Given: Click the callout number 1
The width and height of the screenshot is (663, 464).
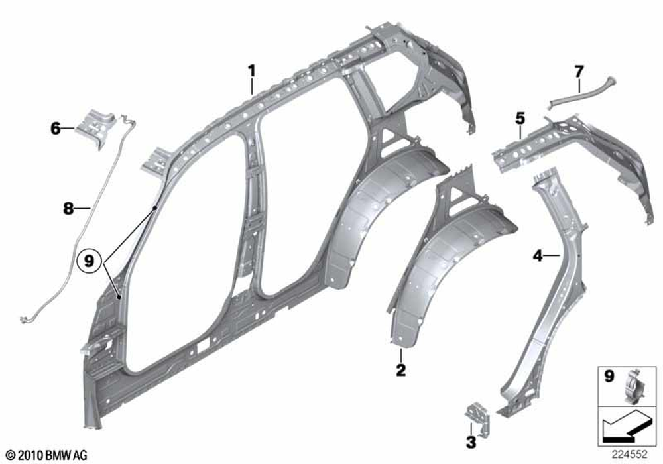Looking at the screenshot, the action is coord(251,70).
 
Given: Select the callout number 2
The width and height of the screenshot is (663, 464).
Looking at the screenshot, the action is coord(400,370).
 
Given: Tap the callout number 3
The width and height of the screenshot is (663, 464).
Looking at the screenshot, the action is coord(471,442).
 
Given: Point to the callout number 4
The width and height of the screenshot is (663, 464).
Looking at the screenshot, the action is coord(538,256).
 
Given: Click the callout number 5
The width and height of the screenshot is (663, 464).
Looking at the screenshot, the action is coord(520,119).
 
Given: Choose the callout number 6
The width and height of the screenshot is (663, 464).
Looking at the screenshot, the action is coord(56,128).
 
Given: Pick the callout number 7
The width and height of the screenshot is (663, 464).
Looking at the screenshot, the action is coord(579,72).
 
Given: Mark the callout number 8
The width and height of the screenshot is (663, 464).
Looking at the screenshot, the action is coord(68,208).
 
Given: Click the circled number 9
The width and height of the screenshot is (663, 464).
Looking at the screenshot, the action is coord(90,261).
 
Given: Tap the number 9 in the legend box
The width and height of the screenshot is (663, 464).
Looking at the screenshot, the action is coord(609,376).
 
